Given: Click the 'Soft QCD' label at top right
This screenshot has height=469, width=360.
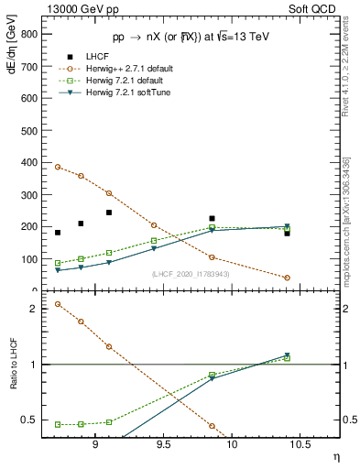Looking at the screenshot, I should pos(313,7).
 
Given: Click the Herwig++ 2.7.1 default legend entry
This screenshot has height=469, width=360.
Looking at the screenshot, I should pos(136,69).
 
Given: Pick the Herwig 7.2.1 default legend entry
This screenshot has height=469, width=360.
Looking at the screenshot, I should pos(134,81).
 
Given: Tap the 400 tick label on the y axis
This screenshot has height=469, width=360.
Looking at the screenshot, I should pos(30,163).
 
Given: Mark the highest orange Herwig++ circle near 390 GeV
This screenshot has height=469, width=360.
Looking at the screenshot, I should pos(58,167).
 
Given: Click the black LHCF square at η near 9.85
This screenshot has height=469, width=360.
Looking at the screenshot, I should pos(212,219).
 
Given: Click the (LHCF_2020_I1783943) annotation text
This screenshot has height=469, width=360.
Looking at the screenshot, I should pos(191,274).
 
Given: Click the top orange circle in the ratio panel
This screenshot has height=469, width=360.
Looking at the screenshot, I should pos(58,304).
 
